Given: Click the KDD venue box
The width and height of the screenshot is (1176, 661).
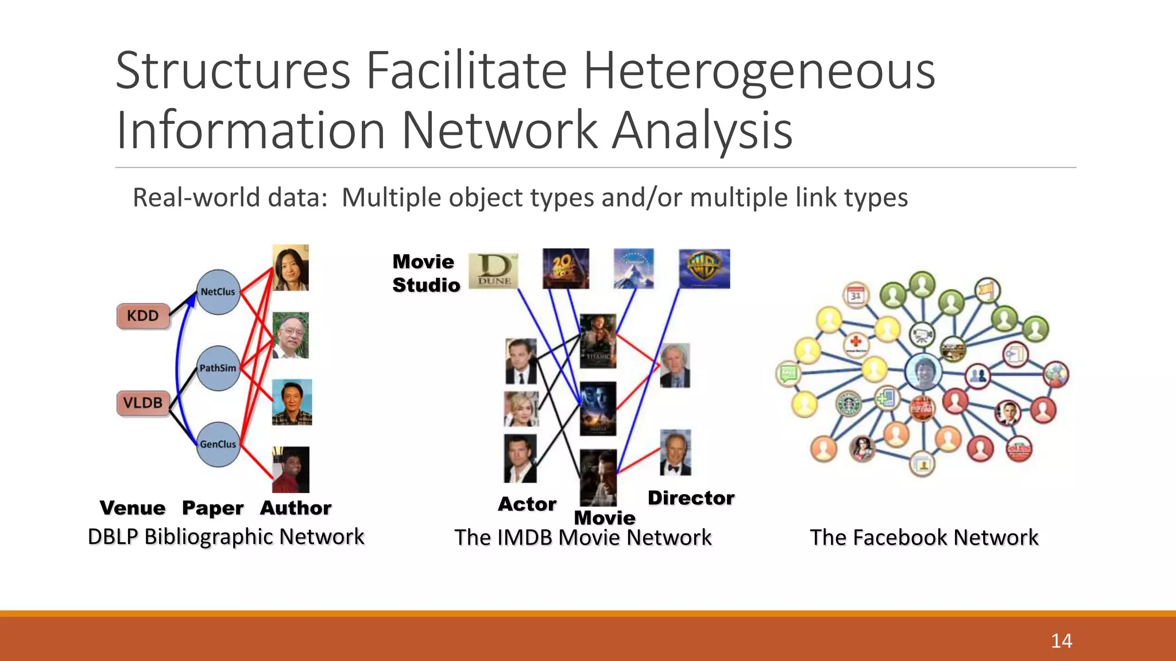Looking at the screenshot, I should pos(143,316).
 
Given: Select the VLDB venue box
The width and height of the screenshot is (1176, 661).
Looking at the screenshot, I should pos(143,403).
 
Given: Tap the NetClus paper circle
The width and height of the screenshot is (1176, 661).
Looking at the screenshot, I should pos(218,292).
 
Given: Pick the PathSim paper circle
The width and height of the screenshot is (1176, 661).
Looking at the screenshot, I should pos(218,368).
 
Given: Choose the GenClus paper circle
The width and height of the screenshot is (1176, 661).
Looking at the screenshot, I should pos(218,445).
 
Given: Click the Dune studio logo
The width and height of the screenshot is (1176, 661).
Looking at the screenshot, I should pos(494,271).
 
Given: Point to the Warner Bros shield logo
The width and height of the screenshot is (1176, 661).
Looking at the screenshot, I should pos(705,269).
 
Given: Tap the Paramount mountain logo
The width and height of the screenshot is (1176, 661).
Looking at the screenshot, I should pos(633,269).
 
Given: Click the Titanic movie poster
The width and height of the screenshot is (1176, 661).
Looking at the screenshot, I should pos(598,341).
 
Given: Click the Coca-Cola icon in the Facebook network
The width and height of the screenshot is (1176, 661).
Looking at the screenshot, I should pos(922,409).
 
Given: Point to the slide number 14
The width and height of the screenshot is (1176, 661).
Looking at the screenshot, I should pos(1061,641).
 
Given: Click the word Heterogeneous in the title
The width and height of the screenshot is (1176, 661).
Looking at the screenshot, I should pos(759,71).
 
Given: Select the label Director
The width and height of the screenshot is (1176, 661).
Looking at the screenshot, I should pos(691,498).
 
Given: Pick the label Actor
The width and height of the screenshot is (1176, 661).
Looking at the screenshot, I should pos(527,504).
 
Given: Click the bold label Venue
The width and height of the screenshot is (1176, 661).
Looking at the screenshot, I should pos(133,508).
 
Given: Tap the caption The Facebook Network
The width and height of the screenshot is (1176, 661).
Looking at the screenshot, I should pos(923,538).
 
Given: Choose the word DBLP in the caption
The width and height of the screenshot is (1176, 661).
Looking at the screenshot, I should pos(113,537).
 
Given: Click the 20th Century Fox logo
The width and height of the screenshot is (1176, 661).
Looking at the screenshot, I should pos(566,269).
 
